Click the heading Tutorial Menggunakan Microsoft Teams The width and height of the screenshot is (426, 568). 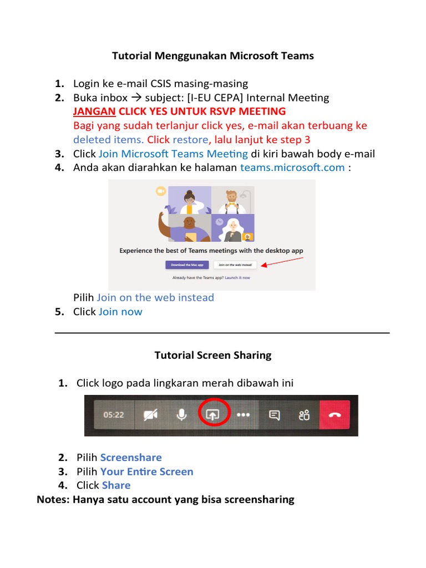(x=213, y=55)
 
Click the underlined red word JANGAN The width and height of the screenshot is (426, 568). (x=94, y=111)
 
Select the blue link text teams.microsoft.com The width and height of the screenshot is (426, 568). (x=292, y=168)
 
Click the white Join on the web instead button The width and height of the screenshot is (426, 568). (x=235, y=265)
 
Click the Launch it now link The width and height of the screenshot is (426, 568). (x=237, y=277)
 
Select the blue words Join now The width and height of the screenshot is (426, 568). (x=120, y=312)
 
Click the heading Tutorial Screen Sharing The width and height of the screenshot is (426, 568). (x=213, y=355)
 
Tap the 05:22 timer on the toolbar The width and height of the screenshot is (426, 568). (x=113, y=415)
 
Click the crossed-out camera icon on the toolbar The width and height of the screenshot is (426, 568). (x=150, y=415)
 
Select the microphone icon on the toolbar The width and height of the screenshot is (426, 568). (x=181, y=415)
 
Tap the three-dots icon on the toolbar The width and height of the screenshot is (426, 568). (x=244, y=415)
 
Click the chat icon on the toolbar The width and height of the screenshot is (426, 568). (x=274, y=415)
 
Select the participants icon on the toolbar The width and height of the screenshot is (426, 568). (x=303, y=415)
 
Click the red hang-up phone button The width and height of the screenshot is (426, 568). (x=335, y=415)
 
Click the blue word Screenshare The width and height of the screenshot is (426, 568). (x=131, y=458)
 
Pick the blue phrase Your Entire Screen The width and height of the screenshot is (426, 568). (x=146, y=471)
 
